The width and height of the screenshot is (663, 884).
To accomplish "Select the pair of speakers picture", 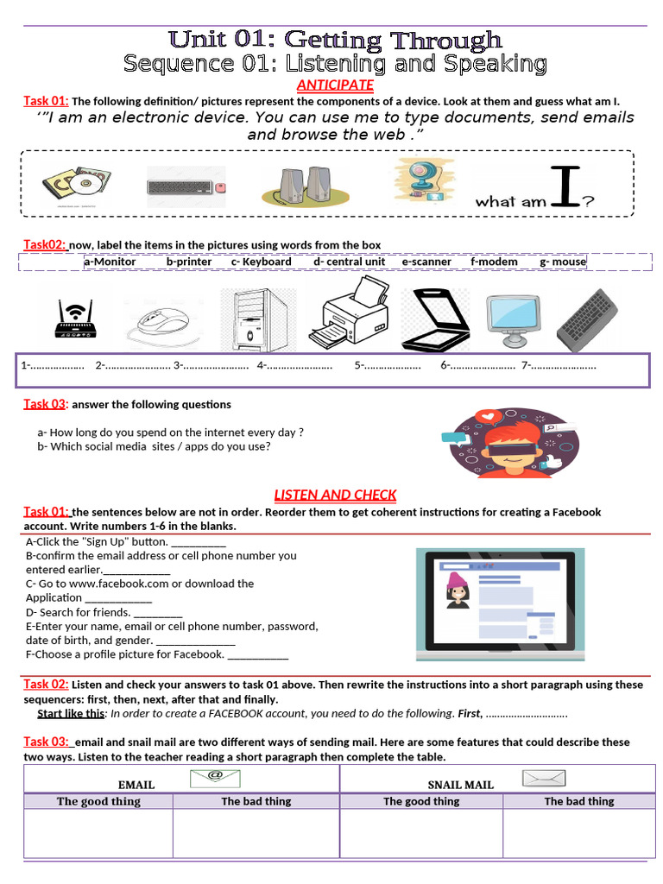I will pyautogui.click(x=307, y=184).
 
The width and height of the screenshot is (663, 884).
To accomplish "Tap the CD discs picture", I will pyautogui.click(x=76, y=184).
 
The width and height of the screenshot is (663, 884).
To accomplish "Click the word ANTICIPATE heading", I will pyautogui.click(x=335, y=85).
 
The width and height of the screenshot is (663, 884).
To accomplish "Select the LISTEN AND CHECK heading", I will pyautogui.click(x=335, y=495).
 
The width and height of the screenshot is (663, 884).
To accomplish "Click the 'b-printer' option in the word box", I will pyautogui.click(x=189, y=262).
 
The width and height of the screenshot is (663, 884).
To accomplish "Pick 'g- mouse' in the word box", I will pyautogui.click(x=563, y=262).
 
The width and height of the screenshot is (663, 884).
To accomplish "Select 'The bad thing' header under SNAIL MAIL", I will pyautogui.click(x=578, y=801).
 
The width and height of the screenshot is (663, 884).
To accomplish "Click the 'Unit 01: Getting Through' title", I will pyautogui.click(x=335, y=40).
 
